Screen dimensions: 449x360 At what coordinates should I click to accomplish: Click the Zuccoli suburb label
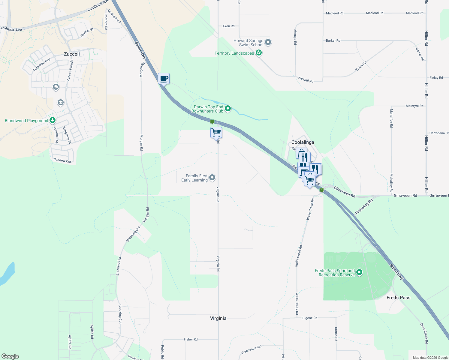tap(72, 54)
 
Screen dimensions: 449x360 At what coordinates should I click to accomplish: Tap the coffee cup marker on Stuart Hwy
tap(164, 79)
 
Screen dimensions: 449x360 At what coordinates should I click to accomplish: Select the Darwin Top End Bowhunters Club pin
tap(228, 109)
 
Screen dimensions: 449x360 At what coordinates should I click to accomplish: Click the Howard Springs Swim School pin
tap(268, 42)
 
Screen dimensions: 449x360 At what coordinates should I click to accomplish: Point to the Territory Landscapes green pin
tap(259, 53)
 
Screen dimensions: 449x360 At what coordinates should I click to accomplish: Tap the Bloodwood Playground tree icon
tap(53, 120)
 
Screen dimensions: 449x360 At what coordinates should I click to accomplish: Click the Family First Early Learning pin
tap(212, 178)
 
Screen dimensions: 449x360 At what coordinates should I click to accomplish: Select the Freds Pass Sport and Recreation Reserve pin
tap(359, 272)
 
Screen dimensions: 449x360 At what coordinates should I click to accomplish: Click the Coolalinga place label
tap(303, 142)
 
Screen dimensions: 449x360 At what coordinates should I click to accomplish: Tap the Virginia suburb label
tap(218, 318)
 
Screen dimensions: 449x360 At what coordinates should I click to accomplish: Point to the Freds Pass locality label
tap(398, 298)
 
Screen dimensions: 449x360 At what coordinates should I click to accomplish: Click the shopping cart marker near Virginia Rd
tap(216, 132)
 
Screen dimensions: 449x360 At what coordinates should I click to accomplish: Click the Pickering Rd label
tap(364, 206)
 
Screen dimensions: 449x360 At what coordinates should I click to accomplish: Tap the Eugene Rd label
tap(309, 318)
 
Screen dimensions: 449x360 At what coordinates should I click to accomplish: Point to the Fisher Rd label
tap(191, 339)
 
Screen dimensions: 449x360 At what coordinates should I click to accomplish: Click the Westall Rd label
tap(306, 79)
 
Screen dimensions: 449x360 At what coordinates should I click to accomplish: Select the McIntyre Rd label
tap(414, 106)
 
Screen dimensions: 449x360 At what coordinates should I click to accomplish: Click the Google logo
tap(10, 356)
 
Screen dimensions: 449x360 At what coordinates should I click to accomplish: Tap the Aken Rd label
tap(228, 26)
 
